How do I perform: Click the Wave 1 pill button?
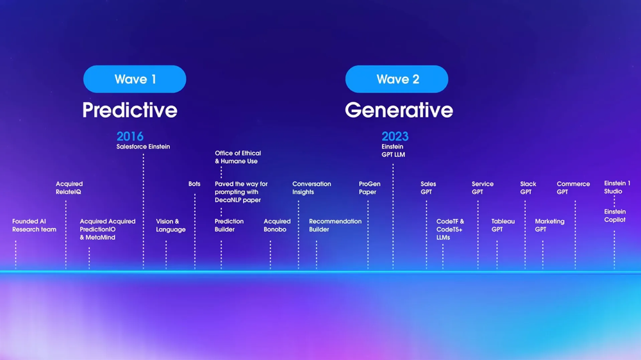(135, 79)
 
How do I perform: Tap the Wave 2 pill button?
(397, 79)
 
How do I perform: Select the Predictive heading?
(129, 110)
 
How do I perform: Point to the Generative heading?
(399, 110)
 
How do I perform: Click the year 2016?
(130, 136)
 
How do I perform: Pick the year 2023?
(395, 136)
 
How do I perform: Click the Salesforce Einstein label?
(143, 147)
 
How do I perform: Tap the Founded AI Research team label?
(34, 225)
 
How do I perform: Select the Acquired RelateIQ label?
(69, 188)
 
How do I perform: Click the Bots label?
(194, 184)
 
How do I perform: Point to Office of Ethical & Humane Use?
(238, 157)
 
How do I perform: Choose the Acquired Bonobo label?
(277, 225)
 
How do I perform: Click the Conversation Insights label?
(312, 188)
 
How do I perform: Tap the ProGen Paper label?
(369, 188)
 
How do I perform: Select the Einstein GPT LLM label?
(394, 151)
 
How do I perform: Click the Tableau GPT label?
(503, 225)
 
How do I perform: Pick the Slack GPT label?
(528, 188)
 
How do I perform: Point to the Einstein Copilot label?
(615, 216)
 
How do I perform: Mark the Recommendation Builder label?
(335, 225)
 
